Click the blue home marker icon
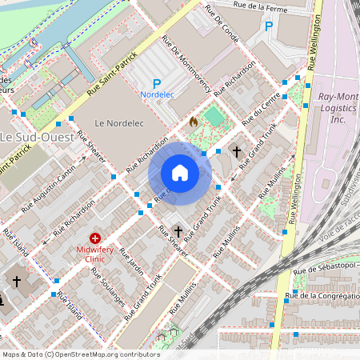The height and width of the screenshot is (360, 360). click(180, 173)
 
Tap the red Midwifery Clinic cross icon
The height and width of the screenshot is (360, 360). click(95, 238)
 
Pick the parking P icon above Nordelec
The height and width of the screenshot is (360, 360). click(157, 83)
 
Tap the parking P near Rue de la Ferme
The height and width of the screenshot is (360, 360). click(269, 26)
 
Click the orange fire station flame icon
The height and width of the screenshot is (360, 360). click(193, 122)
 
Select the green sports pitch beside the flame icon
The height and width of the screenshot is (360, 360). click(214, 118)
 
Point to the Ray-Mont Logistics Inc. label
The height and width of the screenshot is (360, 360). click(337, 107)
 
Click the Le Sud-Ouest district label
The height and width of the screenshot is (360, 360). click(37, 137)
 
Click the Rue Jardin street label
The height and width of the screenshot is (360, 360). click(131, 262)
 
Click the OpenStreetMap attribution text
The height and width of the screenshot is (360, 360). click(81, 354)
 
